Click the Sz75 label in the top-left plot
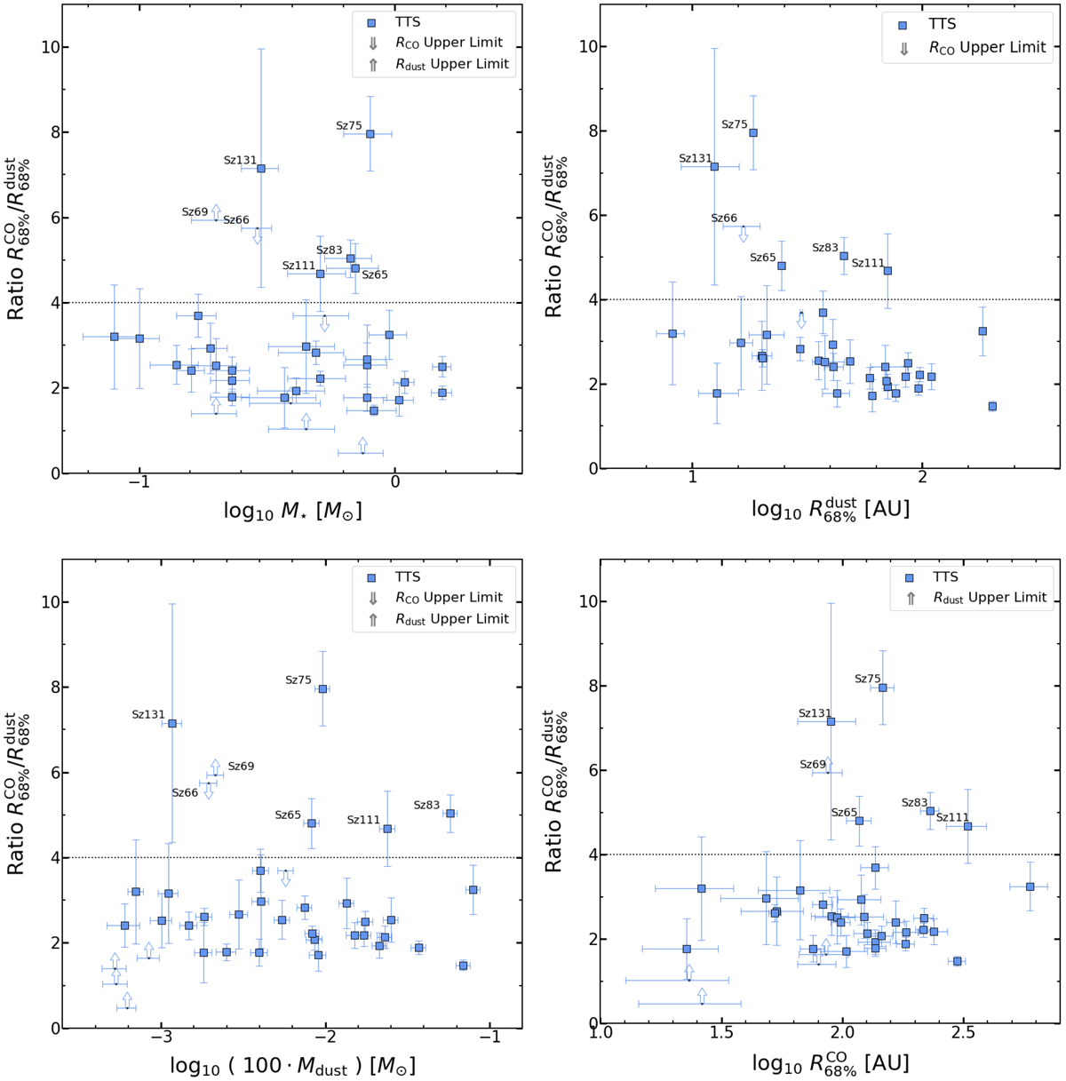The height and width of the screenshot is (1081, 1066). pos(349,126)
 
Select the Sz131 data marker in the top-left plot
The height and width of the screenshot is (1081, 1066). pos(261,168)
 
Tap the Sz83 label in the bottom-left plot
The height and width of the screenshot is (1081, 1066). pos(426,805)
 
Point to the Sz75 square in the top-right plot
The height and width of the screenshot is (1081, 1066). pos(753,132)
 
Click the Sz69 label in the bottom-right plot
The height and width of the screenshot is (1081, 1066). pos(813,765)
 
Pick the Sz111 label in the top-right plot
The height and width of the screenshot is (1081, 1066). pos(868,263)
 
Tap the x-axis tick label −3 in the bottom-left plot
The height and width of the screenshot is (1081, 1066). pos(161,1039)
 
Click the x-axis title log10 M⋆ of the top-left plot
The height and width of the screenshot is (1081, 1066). pos(292,509)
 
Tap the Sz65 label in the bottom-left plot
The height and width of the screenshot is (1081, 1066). pos(288,815)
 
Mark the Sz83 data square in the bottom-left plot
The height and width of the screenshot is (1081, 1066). pos(450,813)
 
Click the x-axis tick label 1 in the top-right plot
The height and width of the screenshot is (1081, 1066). pos(692,482)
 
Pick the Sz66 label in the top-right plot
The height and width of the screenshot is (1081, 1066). pos(724,218)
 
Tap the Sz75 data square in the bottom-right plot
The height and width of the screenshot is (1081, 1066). pos(883,688)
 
